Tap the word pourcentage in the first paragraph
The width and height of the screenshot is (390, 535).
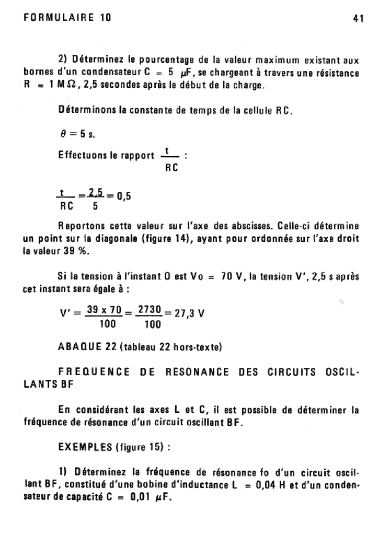(169, 61)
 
